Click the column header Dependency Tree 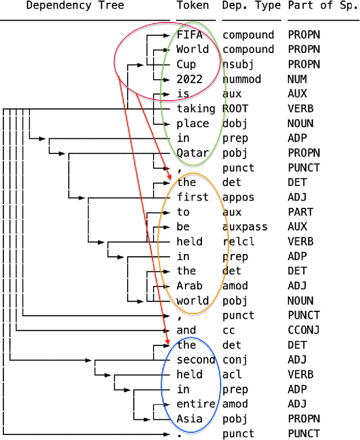pyautogui.click(x=75, y=6)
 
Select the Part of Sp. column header pyautogui.click(x=323, y=6)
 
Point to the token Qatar pyautogui.click(x=193, y=153)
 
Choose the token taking pyautogui.click(x=196, y=108)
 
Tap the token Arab pyautogui.click(x=189, y=286)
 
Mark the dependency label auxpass pyautogui.click(x=245, y=227)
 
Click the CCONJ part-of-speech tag pyautogui.click(x=303, y=330)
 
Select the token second pyautogui.click(x=196, y=360)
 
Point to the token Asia pyautogui.click(x=189, y=419)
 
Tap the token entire pyautogui.click(x=196, y=404)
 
